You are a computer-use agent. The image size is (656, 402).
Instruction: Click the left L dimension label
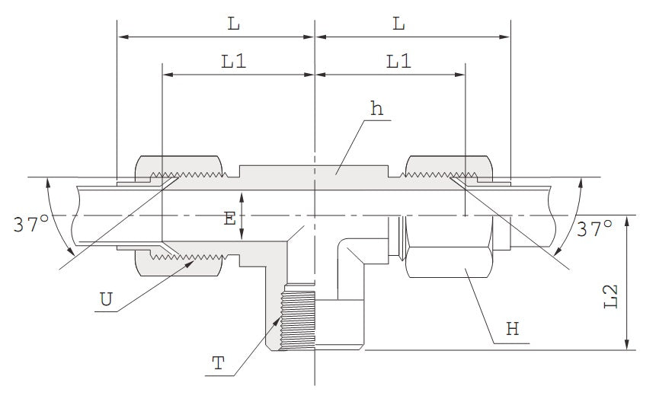click(233, 24)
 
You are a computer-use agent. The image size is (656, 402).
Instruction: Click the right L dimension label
click(398, 24)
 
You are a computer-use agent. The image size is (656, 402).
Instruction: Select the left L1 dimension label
click(234, 62)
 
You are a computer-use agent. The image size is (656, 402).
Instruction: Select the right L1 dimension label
click(398, 62)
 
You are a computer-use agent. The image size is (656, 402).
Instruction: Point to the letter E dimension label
click(229, 219)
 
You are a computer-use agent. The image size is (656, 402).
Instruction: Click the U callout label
click(107, 298)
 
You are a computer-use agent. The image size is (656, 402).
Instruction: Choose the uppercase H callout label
click(512, 330)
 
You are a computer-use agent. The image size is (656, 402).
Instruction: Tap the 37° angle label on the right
click(595, 228)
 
